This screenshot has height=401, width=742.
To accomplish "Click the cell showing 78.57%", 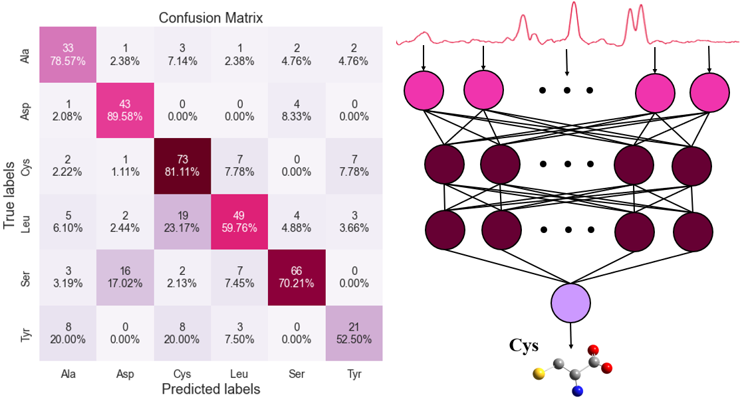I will pyautogui.click(x=68, y=54).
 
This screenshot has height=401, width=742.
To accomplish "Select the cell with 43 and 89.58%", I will pyautogui.click(x=125, y=110).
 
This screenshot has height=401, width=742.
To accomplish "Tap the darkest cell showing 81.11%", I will pyautogui.click(x=182, y=166).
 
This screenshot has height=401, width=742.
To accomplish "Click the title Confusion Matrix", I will pyautogui.click(x=211, y=18).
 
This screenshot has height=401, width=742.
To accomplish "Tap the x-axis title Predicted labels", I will pyautogui.click(x=211, y=389).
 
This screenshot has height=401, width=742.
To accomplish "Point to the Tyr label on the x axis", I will pyautogui.click(x=354, y=374).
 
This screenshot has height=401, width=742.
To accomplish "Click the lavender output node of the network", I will pyautogui.click(x=570, y=303).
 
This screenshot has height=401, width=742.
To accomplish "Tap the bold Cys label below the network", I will pyautogui.click(x=523, y=346).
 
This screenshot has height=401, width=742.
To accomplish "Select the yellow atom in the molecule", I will pyautogui.click(x=537, y=375).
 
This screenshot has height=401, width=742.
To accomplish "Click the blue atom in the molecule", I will pyautogui.click(x=578, y=391).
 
